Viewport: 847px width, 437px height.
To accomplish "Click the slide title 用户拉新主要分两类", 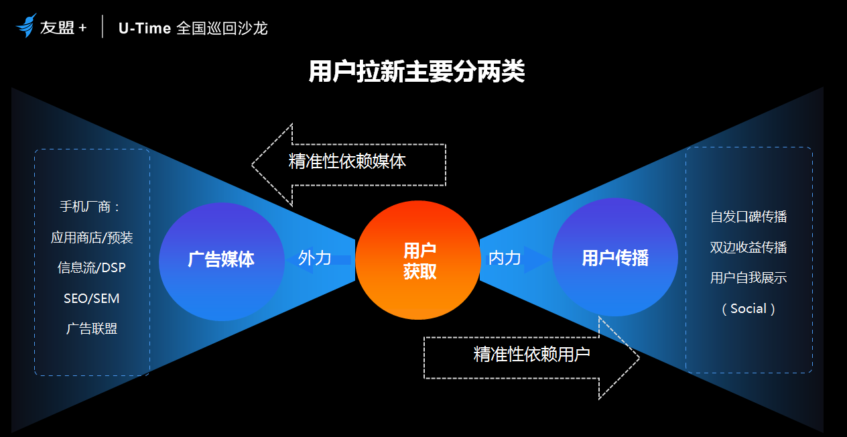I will (x=416, y=72).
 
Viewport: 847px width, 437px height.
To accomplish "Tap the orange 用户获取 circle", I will (x=419, y=260).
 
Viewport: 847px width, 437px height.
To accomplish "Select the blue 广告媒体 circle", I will (x=221, y=260).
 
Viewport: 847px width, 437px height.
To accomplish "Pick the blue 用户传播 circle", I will (x=614, y=258).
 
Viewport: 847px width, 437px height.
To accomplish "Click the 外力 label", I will (x=315, y=257).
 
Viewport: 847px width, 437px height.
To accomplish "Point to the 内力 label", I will (x=505, y=257).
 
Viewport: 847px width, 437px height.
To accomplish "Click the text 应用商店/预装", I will (x=92, y=237).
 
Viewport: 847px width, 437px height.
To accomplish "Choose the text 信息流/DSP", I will (x=92, y=267).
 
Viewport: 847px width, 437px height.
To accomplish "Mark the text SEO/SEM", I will (x=92, y=298).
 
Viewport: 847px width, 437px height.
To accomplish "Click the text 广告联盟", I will (x=92, y=328).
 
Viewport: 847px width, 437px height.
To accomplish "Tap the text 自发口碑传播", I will (x=748, y=216).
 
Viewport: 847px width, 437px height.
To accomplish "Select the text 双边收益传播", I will (x=748, y=247).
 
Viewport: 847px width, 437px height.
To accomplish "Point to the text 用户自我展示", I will (x=748, y=277).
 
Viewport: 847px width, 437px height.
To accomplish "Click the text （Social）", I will (x=748, y=309).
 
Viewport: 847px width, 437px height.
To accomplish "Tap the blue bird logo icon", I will (x=26, y=27).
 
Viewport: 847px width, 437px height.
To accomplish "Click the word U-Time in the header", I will (x=145, y=28).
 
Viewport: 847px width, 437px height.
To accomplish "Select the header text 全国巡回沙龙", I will (x=222, y=28).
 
